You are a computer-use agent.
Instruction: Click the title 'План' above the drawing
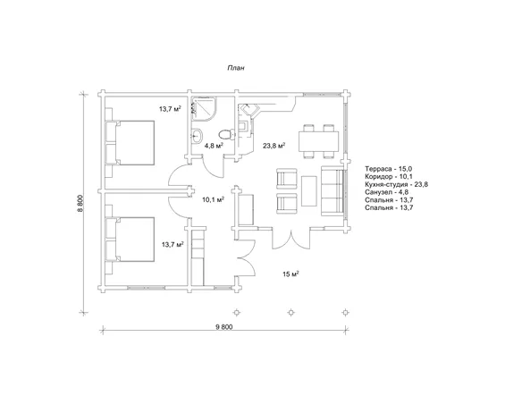[x=236, y=68]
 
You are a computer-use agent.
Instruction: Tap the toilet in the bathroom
[x=226, y=135]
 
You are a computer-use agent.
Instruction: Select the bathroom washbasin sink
[x=197, y=136]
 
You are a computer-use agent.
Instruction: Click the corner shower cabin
[x=204, y=109]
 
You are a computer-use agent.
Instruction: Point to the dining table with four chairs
[x=318, y=141]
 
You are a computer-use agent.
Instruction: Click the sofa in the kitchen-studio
[x=332, y=191]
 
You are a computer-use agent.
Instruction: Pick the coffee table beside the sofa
[x=309, y=191]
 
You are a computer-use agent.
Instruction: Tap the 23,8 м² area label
[x=274, y=146]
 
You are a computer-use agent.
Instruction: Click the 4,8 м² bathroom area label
[x=214, y=146]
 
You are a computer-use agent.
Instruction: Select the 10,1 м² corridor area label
[x=213, y=199]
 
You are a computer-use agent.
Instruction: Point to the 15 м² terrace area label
[x=290, y=274]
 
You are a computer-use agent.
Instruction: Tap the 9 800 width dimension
[x=224, y=327]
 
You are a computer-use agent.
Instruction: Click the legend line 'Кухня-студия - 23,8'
[x=397, y=184]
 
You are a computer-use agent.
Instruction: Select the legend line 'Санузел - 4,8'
[x=386, y=192]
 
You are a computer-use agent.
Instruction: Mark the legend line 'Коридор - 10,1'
[x=389, y=176]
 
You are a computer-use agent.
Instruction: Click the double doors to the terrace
[x=291, y=240]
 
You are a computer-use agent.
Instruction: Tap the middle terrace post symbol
[x=291, y=313]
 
